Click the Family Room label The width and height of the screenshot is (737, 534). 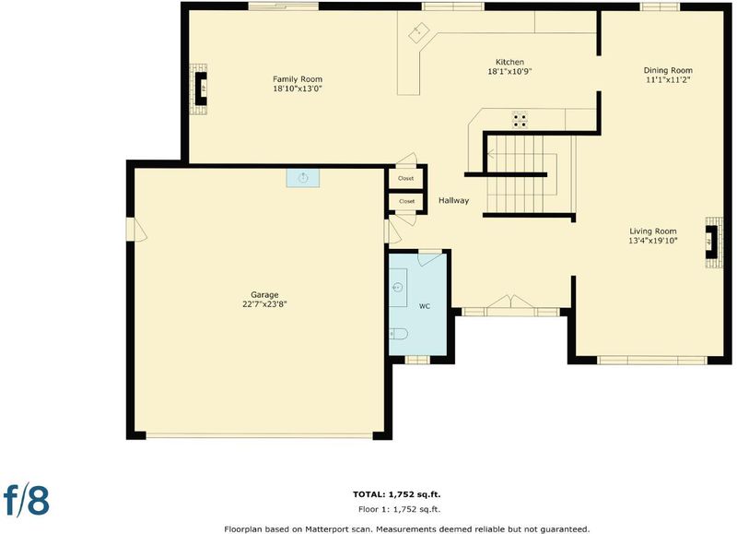tap(298, 79)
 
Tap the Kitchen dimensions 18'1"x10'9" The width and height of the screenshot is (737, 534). tap(509, 72)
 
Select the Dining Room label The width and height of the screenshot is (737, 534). tap(668, 71)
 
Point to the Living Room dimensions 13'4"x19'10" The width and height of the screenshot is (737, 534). tap(653, 241)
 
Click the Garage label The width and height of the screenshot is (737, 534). tap(264, 295)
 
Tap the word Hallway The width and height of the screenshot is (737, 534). tap(453, 200)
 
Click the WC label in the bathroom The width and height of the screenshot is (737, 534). tap(425, 306)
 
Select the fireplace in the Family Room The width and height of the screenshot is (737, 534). tap(199, 89)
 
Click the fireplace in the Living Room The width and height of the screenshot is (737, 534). tap(713, 243)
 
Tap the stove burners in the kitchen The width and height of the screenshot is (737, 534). tap(520, 120)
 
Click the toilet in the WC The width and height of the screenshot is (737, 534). tap(398, 334)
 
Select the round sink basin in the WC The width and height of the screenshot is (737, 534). tap(398, 287)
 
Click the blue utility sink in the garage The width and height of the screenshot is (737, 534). tap(303, 178)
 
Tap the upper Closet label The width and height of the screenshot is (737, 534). tap(406, 178)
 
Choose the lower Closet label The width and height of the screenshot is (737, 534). tap(406, 201)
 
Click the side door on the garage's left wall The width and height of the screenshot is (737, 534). tap(136, 230)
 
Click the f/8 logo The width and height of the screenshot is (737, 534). tap(27, 500)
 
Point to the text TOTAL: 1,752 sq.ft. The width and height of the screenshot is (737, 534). tap(397, 494)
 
